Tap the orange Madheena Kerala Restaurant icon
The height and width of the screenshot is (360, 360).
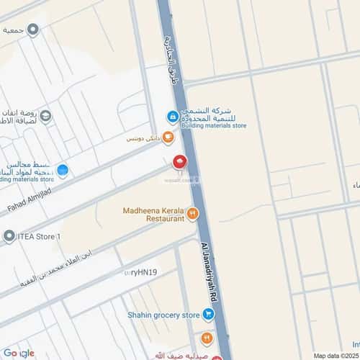[192, 212]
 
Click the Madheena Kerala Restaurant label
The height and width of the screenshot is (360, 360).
[154, 213]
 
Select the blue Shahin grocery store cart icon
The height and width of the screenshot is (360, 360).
[208, 314]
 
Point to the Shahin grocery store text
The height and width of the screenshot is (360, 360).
[163, 315]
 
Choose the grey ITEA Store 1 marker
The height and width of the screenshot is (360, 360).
[9, 236]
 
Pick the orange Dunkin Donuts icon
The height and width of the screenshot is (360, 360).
[168, 136]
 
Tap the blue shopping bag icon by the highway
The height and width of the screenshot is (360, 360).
[173, 116]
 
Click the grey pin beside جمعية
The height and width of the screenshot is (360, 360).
[32, 29]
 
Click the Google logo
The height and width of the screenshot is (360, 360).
[18, 352]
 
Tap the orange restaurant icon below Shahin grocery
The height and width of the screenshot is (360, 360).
[207, 336]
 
